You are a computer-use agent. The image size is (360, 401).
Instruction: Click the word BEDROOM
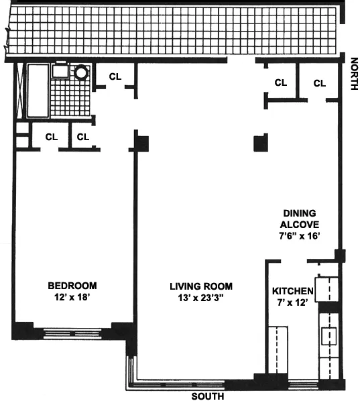[72, 284]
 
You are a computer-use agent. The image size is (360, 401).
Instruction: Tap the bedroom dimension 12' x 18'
[72, 296]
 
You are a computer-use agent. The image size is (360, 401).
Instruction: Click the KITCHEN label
[293, 292]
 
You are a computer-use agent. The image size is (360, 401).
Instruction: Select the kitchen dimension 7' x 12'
[292, 304]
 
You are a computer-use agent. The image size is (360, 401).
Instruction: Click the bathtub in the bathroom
[39, 91]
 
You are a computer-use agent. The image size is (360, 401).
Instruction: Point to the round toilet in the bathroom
[82, 72]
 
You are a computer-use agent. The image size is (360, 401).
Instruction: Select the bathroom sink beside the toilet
[60, 71]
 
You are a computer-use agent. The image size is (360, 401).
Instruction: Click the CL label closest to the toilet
[115, 76]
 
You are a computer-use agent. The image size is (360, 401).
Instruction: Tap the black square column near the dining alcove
[260, 143]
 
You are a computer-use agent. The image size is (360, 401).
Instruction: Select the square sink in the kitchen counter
[328, 335]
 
